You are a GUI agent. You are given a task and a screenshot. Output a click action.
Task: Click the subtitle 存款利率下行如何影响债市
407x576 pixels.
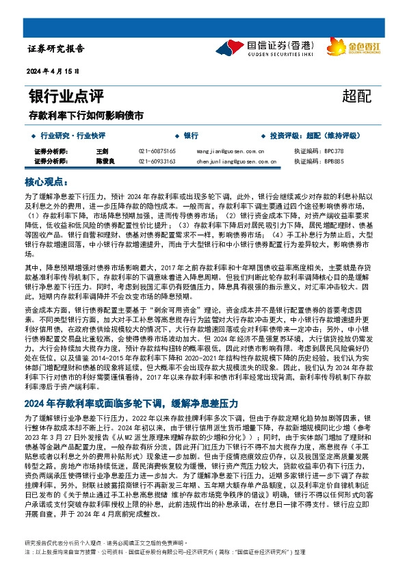pyautogui.click(x=86, y=115)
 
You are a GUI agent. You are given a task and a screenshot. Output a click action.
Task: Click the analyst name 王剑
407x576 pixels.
pyautogui.click(x=103, y=150)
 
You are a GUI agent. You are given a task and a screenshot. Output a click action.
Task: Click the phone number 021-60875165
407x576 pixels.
pyautogui.click(x=157, y=150)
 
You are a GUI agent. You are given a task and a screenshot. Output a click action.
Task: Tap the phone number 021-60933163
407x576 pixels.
pyautogui.click(x=157, y=161)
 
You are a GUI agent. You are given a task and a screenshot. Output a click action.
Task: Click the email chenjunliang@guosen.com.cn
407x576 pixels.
pyautogui.click(x=235, y=161)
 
